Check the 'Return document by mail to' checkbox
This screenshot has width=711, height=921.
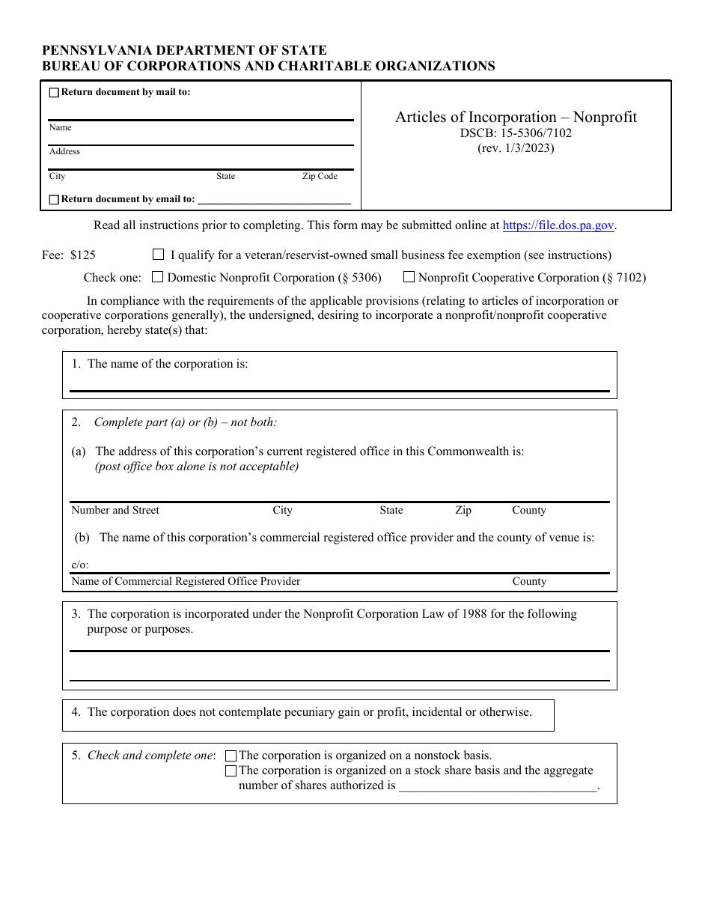54,93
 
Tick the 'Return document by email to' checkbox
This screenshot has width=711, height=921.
54,200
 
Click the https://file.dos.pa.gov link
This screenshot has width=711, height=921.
558,225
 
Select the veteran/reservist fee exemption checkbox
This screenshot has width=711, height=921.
158,255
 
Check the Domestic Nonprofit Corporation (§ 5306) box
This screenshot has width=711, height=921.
157,277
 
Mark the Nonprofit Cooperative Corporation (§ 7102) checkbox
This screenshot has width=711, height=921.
409,277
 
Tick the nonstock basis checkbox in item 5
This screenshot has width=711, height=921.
231,756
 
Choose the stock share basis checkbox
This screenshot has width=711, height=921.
231,771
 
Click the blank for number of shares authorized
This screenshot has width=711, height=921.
498,786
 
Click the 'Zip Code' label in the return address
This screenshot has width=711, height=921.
320,177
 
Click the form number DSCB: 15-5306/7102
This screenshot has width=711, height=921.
516,133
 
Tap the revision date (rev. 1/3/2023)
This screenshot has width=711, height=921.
516,148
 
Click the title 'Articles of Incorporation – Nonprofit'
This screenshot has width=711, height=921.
516,117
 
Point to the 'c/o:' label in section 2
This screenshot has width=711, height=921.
79,565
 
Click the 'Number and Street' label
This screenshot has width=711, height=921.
115,511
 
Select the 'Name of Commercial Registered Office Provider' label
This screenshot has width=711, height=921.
186,582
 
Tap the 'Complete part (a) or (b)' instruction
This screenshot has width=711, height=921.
185,422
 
